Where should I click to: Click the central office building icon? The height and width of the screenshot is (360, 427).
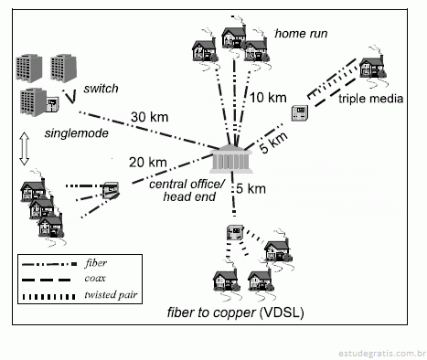231,159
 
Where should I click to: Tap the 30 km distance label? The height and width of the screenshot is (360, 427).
149,117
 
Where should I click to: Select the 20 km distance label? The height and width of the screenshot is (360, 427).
148,163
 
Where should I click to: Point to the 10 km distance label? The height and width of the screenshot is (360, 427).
268,98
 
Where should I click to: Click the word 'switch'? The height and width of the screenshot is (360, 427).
101,89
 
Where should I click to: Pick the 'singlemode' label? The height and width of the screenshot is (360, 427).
77,133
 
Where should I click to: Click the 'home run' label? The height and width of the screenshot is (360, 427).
301,33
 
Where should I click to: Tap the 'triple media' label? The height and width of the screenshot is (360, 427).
371,99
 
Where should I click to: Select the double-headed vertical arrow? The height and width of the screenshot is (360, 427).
25,149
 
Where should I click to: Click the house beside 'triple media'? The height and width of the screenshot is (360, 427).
372,67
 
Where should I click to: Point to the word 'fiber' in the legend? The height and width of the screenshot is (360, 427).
96,263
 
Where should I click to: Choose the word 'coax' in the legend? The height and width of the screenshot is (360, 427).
95,278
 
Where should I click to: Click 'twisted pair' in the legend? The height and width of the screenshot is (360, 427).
111,294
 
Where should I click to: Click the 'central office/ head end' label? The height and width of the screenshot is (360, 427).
187,190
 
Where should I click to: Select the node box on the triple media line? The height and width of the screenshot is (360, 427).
300,112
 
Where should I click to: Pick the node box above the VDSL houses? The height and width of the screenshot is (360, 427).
235,233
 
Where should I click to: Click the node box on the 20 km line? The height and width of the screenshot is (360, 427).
111,190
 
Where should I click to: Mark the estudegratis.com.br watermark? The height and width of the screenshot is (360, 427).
382,354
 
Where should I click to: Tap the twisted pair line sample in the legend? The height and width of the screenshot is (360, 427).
48,296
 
